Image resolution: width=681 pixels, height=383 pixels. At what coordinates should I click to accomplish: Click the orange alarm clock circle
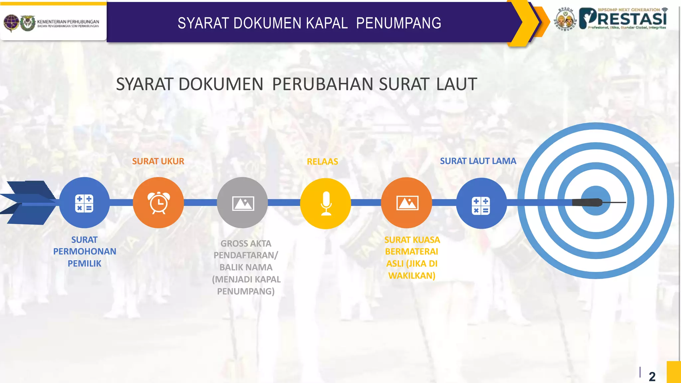(158, 202)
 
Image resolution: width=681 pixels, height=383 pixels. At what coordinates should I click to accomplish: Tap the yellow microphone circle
(326, 203)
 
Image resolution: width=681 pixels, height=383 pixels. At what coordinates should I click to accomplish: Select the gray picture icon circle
(242, 202)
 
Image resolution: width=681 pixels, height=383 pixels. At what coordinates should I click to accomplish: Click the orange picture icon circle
(406, 202)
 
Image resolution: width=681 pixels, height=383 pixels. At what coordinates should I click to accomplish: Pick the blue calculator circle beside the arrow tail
(84, 202)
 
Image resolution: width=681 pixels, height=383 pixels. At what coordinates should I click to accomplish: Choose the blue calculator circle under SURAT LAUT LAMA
(481, 203)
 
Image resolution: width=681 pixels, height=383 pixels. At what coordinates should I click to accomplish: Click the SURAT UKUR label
(158, 161)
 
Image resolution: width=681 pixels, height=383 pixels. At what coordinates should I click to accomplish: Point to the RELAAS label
(322, 162)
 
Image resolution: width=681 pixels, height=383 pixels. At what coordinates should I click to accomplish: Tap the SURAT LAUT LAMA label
(478, 161)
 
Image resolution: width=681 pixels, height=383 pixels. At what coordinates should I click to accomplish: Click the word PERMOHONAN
(84, 251)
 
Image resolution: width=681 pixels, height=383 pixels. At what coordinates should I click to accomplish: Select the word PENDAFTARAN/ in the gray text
(246, 255)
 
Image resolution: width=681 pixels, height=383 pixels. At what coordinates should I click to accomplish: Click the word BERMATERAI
(411, 252)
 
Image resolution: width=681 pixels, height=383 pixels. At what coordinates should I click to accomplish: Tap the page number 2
(652, 376)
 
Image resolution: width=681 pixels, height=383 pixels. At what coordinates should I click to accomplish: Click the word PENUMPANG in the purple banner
(398, 23)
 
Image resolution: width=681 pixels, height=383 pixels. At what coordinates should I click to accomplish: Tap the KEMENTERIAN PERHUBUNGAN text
(68, 22)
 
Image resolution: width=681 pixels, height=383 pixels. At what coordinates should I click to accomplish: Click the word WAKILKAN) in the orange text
(412, 276)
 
